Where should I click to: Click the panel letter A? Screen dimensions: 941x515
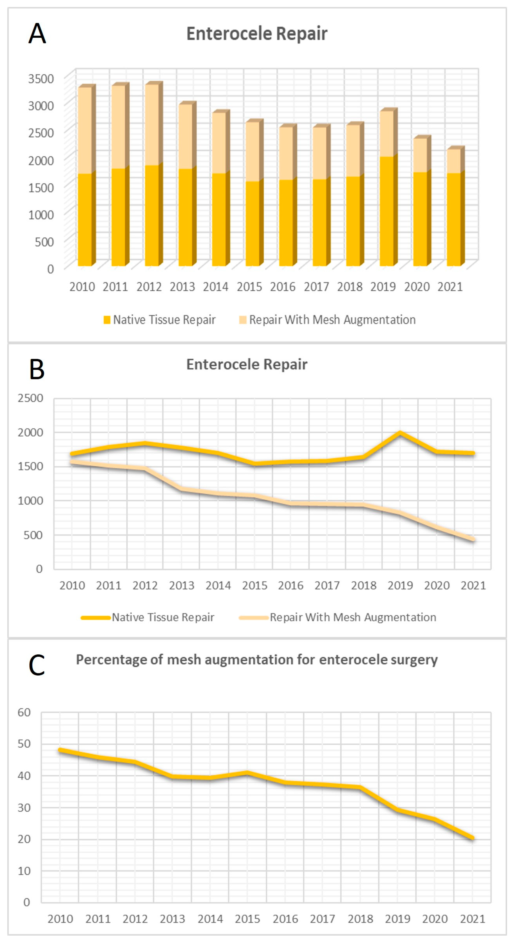click(37, 34)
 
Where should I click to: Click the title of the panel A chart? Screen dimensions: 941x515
click(257, 34)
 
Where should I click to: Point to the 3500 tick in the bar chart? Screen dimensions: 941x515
click(41, 79)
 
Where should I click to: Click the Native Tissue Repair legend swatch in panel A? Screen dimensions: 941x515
click(107, 320)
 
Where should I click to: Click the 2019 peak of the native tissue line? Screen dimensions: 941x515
click(400, 433)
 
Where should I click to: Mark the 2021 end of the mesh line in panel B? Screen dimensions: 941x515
click(473, 539)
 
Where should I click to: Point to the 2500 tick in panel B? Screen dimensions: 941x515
click(30, 398)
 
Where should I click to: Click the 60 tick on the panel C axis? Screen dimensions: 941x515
click(24, 712)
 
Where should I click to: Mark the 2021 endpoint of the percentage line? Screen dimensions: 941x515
click(473, 838)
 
